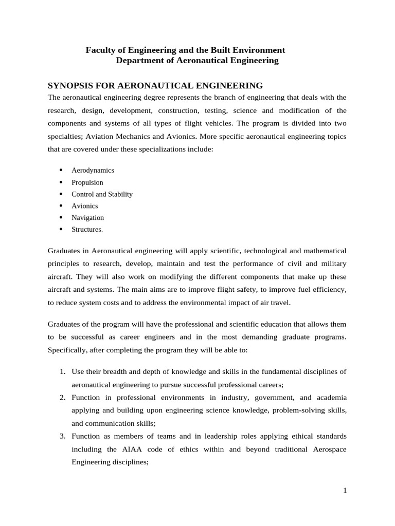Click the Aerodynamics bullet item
[x=93, y=170]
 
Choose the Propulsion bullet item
[x=87, y=182]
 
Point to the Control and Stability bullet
[x=102, y=194]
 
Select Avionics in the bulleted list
[x=85, y=206]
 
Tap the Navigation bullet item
[x=87, y=218]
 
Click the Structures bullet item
[x=86, y=230]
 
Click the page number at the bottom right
[x=345, y=491]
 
